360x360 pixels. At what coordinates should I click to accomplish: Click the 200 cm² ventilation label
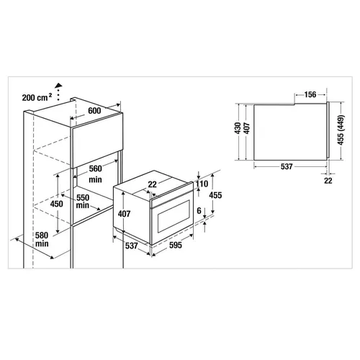pyautogui.click(x=37, y=97)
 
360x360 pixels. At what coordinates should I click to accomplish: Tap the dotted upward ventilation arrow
pyautogui.click(x=58, y=91)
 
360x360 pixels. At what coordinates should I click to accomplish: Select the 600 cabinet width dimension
pyautogui.click(x=94, y=111)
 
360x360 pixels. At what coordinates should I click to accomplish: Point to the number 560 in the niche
pyautogui.click(x=96, y=168)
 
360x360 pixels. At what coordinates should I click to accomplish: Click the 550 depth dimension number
pyautogui.click(x=83, y=197)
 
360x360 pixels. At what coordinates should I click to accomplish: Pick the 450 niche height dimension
pyautogui.click(x=57, y=204)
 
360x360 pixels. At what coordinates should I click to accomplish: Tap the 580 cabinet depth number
pyautogui.click(x=42, y=235)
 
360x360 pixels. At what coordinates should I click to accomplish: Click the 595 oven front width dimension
pyautogui.click(x=176, y=245)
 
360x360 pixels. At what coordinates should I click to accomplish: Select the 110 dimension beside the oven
pyautogui.click(x=202, y=184)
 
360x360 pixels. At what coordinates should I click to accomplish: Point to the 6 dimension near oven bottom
pyautogui.click(x=199, y=211)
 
